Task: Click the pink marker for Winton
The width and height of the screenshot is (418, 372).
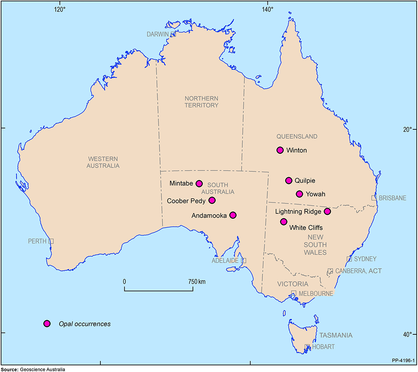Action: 280,150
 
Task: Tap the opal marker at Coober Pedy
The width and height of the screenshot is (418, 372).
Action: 212,200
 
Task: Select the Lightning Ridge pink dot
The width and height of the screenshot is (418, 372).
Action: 327,211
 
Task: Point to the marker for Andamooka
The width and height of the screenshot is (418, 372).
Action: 233,215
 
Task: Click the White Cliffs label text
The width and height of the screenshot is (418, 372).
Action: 306,228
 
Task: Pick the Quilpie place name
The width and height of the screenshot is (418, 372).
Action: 305,181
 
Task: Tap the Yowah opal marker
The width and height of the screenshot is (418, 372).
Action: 300,194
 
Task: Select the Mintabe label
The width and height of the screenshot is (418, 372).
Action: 181,183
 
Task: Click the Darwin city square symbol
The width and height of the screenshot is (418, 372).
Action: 173,34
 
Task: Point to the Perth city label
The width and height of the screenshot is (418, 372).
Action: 37,241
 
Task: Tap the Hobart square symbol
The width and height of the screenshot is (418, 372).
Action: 307,347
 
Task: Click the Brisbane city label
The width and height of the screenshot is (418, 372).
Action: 393,198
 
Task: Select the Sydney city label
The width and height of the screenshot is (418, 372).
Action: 365,259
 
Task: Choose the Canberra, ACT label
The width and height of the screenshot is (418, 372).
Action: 358,271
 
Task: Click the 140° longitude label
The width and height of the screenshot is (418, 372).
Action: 267,9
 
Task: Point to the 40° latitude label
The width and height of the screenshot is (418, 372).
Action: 407,335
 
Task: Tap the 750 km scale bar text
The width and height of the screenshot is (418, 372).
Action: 197,281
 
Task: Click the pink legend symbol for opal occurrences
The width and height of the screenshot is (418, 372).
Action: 47,324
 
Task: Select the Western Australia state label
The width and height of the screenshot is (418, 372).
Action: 103,162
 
